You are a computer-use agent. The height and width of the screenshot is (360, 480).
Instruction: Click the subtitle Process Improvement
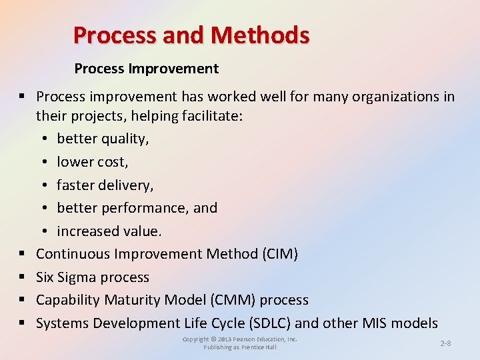pyautogui.click(x=146, y=69)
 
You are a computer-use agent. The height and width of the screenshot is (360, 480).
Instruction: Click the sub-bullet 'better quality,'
pyautogui.click(x=103, y=139)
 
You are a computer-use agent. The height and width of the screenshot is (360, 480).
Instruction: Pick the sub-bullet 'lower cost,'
pyautogui.click(x=93, y=161)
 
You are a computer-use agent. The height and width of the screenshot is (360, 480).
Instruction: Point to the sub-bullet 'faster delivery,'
pyautogui.click(x=105, y=185)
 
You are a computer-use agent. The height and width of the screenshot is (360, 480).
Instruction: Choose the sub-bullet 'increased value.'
pyautogui.click(x=109, y=231)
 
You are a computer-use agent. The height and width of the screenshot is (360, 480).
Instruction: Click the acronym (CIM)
pyautogui.click(x=277, y=254)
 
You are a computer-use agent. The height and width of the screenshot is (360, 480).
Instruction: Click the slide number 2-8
pyautogui.click(x=445, y=343)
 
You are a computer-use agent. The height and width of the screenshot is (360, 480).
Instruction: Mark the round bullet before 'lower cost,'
pyautogui.click(x=43, y=162)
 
